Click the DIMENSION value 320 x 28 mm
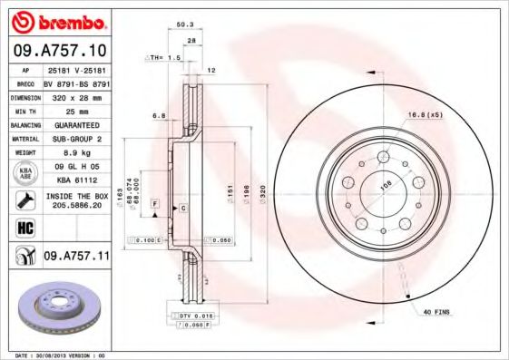tap(75, 95)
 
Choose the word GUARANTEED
tap(75, 123)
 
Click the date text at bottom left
tap(56, 355)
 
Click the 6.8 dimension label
tap(159, 115)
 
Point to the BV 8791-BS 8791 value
tap(75, 82)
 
